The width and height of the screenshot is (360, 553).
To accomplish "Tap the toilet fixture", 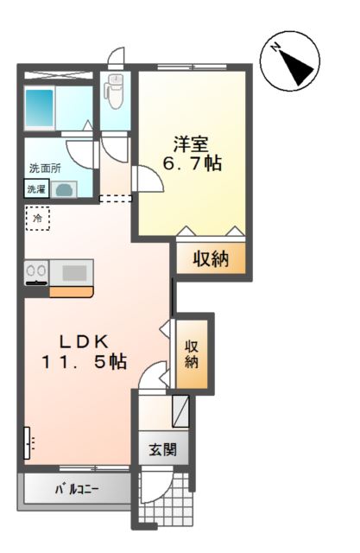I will (x=115, y=86).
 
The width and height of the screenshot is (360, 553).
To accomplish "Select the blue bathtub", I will (x=40, y=108).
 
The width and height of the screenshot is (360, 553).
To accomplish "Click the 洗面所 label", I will (x=44, y=168).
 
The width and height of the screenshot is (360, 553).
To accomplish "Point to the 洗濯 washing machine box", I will (x=36, y=189).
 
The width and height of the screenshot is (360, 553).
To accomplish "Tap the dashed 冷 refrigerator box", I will (x=38, y=219).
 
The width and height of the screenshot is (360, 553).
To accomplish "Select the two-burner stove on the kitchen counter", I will (x=36, y=272).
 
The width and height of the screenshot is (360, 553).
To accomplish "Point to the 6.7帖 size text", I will (x=192, y=162).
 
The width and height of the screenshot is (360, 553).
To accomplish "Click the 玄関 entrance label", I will (x=161, y=449).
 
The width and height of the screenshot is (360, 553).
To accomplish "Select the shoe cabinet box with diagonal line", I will (x=180, y=411).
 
